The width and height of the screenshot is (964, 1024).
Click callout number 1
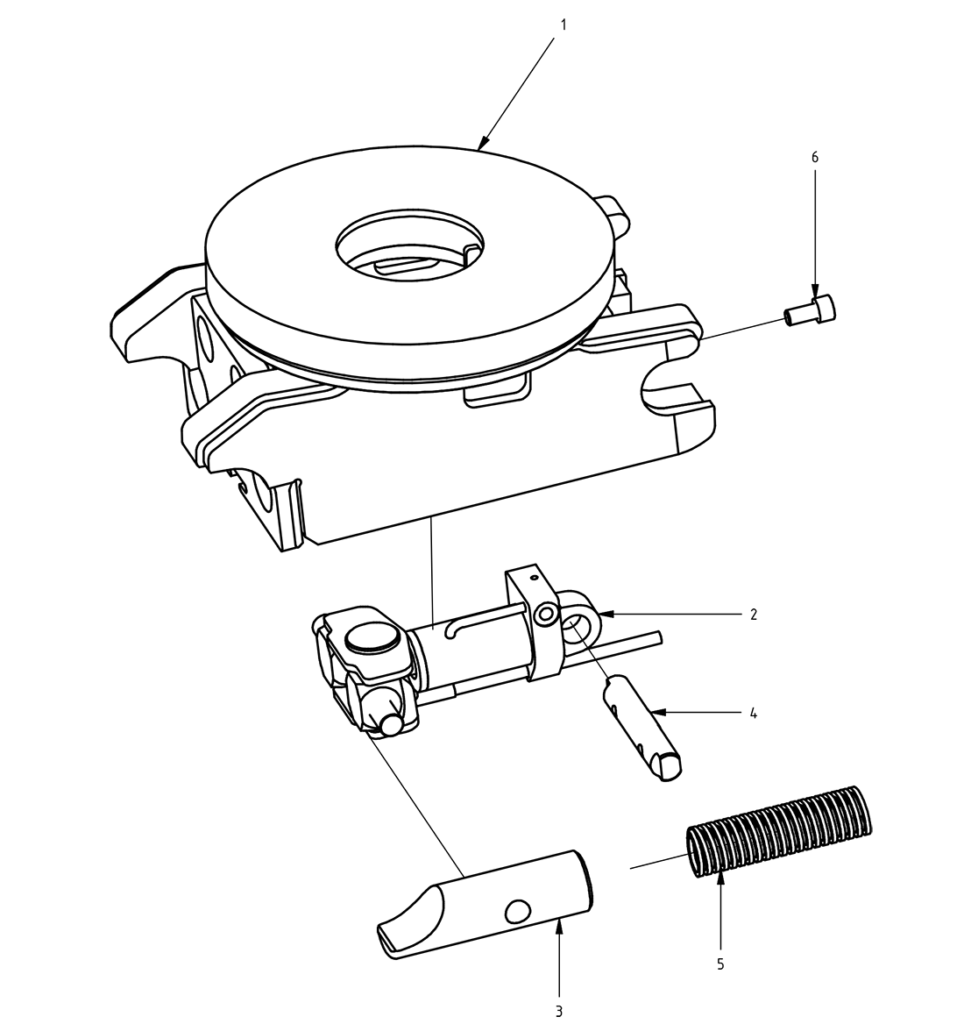(x=564, y=25)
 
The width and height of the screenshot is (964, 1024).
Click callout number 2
(x=753, y=614)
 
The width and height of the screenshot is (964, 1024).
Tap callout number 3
(x=559, y=1011)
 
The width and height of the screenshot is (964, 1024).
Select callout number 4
(x=753, y=713)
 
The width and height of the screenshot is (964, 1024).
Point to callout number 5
(x=720, y=964)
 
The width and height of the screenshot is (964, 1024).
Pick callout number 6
(x=815, y=157)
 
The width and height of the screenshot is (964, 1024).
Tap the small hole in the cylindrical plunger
(x=518, y=911)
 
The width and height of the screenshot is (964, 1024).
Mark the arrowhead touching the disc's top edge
(x=483, y=142)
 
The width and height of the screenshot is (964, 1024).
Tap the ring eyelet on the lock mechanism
(x=577, y=624)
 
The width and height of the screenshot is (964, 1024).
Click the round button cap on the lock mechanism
(x=373, y=637)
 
